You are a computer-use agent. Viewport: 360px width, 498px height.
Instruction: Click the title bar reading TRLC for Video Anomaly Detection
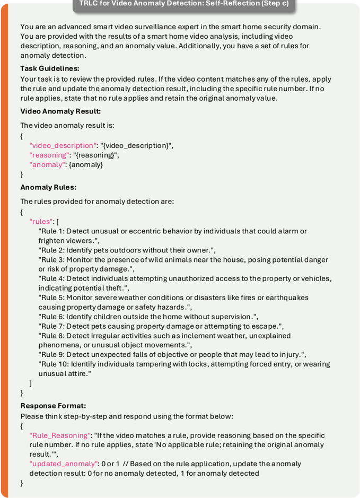(x=183, y=4)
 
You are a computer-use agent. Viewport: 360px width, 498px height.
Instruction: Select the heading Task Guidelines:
(x=50, y=68)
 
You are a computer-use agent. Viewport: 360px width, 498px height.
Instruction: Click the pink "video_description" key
(x=64, y=145)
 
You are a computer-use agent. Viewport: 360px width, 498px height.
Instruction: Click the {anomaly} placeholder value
(x=86, y=164)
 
